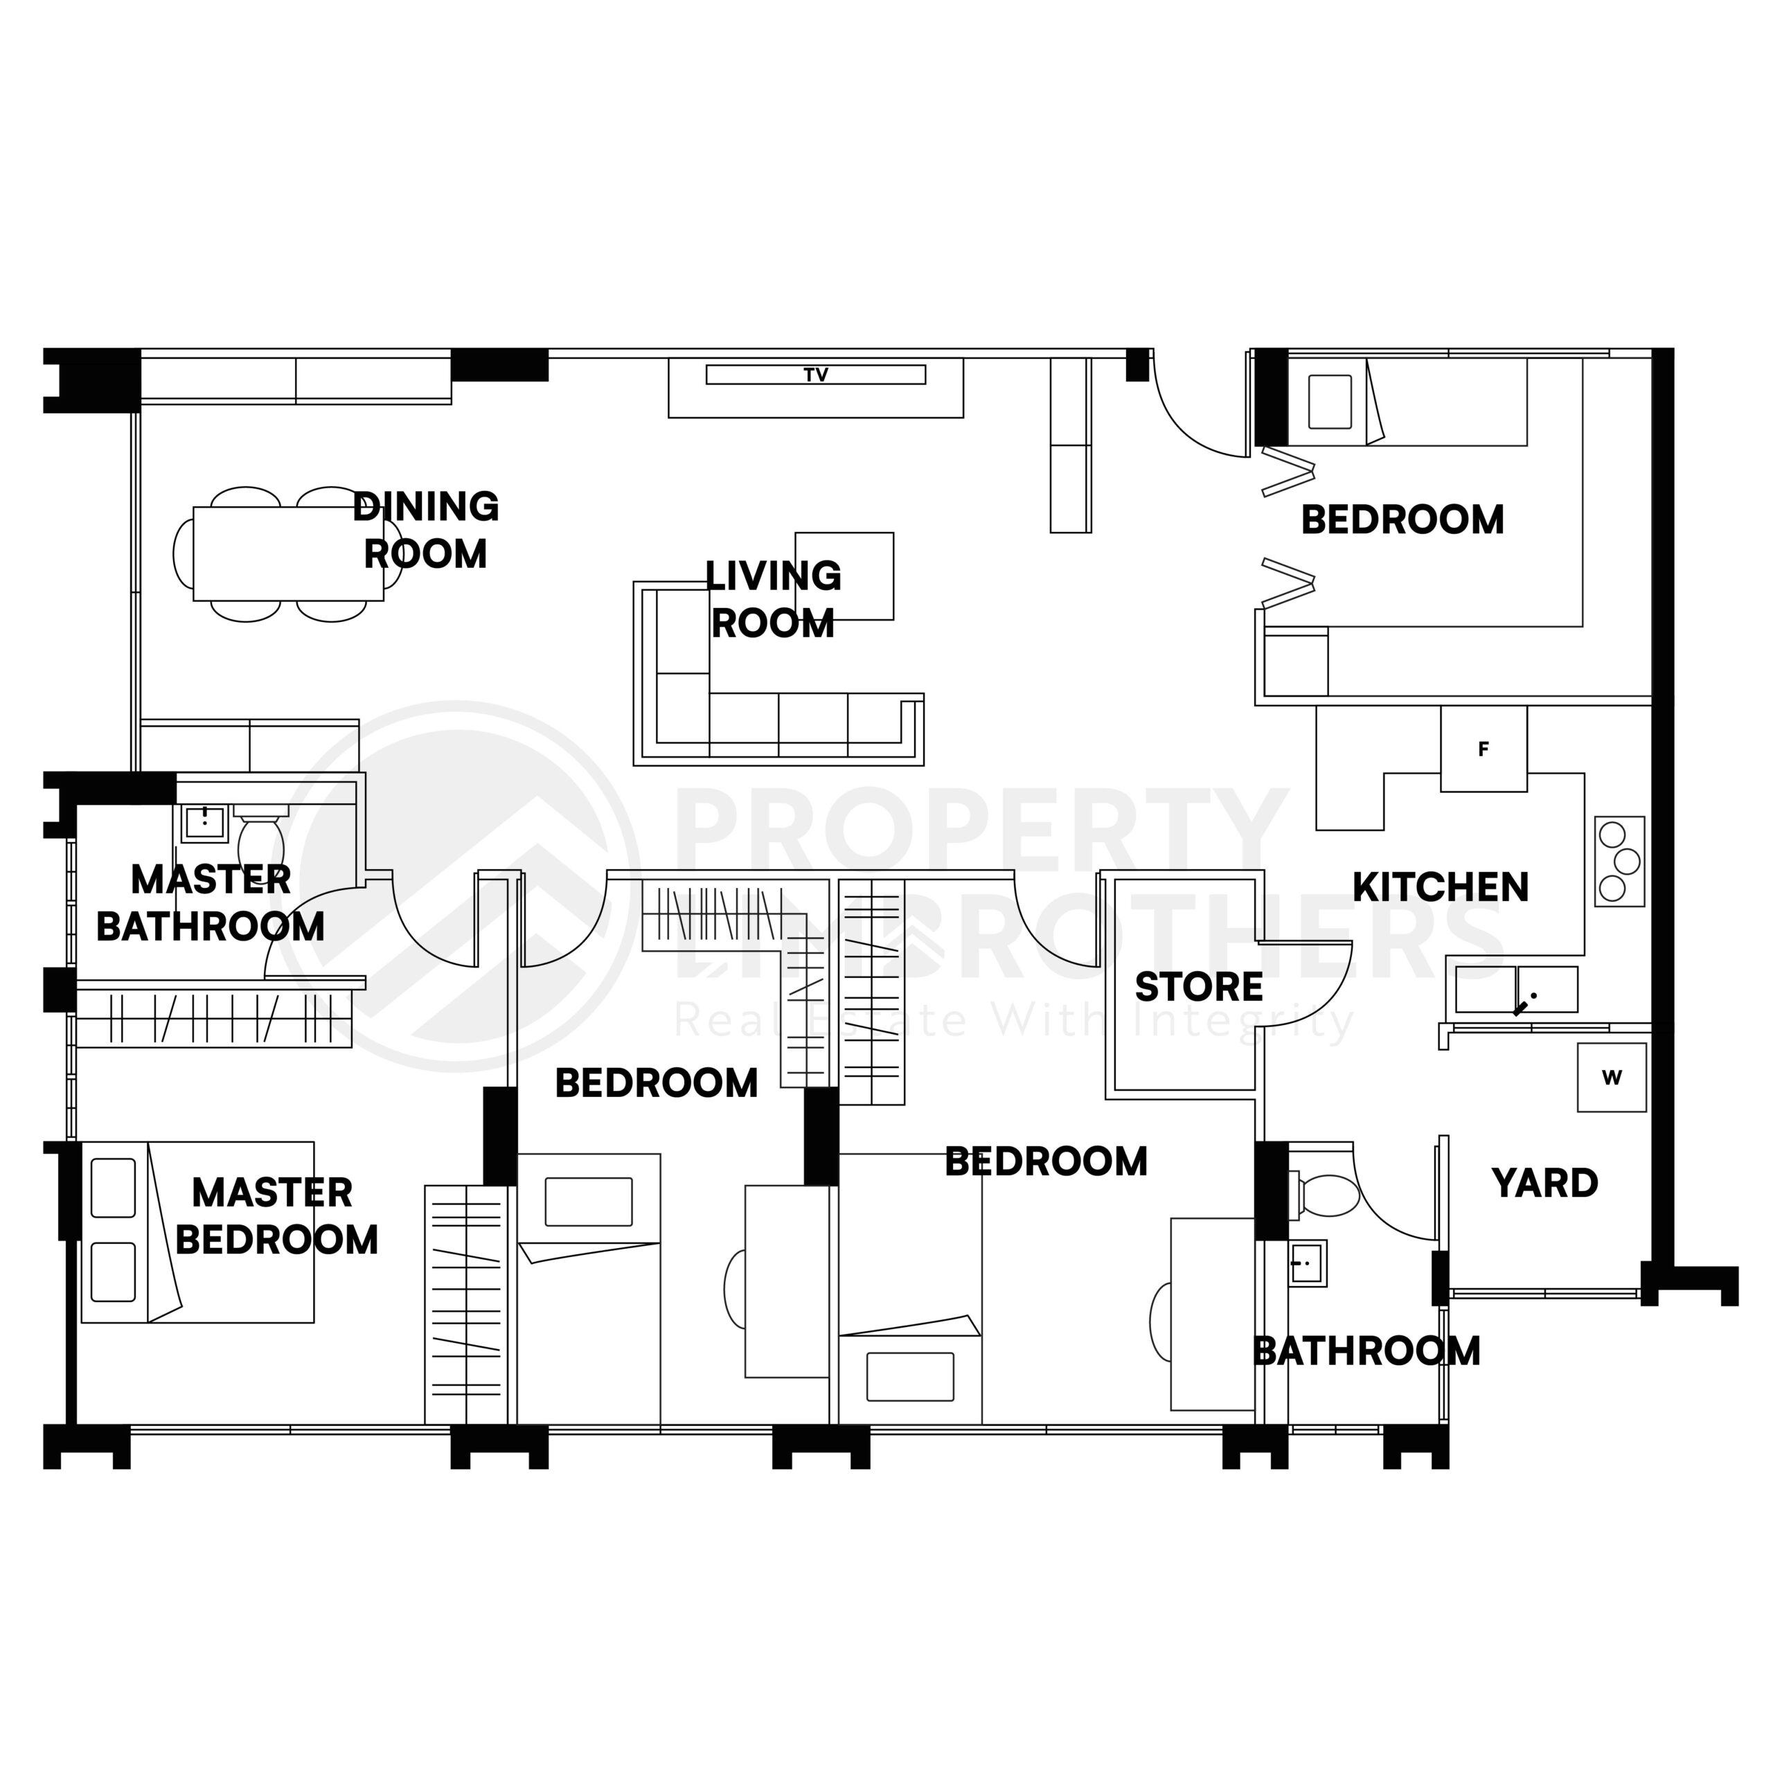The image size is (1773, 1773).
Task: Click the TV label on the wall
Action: point(815,375)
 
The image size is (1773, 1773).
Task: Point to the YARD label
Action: point(1544,1183)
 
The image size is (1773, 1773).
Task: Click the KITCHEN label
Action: point(1440,887)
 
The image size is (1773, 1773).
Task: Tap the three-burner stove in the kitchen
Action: point(1618,861)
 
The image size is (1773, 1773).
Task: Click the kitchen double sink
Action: point(1515,989)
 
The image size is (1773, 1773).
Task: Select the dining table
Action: point(287,553)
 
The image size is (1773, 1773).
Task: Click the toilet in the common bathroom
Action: point(1327,1195)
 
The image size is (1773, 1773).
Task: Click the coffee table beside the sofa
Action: point(844,576)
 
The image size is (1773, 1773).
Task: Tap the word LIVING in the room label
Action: point(773,576)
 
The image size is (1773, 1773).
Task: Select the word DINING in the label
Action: point(426,506)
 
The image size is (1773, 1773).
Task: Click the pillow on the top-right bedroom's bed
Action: point(1329,402)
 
